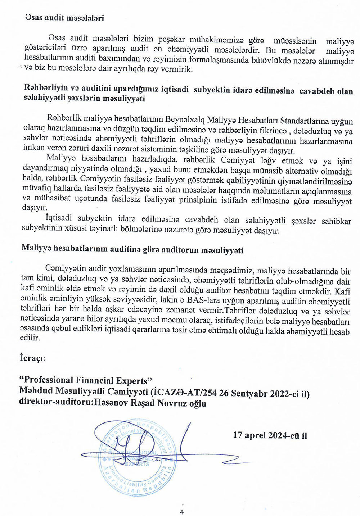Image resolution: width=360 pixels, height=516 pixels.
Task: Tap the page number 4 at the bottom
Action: [182, 512]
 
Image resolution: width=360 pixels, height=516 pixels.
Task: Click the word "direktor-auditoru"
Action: [54, 403]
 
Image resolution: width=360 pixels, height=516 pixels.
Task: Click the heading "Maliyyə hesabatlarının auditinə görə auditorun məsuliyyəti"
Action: [132, 250]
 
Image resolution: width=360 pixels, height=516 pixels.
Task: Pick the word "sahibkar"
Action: [337, 221]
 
